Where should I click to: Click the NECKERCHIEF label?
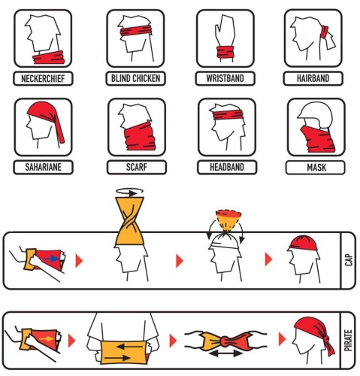click(x=43, y=79)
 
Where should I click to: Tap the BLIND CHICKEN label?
click(x=135, y=78)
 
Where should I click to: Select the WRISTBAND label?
click(x=225, y=78)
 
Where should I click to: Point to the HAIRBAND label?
click(x=313, y=78)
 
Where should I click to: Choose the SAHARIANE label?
click(x=43, y=167)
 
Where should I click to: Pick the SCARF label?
click(x=137, y=167)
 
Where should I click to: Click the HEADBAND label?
click(x=227, y=167)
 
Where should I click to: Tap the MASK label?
click(x=316, y=168)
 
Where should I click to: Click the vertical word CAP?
click(x=349, y=259)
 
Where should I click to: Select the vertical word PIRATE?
click(x=349, y=341)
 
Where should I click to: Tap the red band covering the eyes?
click(x=136, y=31)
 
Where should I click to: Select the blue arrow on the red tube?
click(x=52, y=259)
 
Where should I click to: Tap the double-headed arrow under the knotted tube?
click(x=226, y=353)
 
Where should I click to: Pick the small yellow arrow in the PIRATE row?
click(x=47, y=339)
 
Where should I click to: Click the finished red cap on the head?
click(x=303, y=243)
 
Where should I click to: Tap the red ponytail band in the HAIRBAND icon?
click(x=325, y=32)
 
